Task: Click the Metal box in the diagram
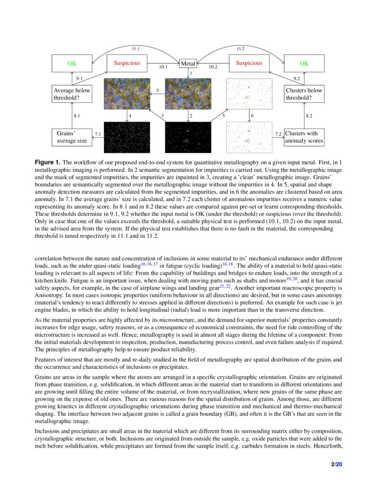(188, 64)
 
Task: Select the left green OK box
(72, 64)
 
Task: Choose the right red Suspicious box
(249, 63)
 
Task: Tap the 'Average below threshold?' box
(72, 94)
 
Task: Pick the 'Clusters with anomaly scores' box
(304, 137)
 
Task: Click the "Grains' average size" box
(72, 137)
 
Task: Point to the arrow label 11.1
(136, 48)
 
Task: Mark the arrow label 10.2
(213, 67)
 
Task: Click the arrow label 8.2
(309, 116)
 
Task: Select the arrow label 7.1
(98, 134)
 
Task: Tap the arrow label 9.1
(79, 78)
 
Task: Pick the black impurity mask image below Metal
(188, 137)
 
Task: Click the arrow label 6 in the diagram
(252, 116)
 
